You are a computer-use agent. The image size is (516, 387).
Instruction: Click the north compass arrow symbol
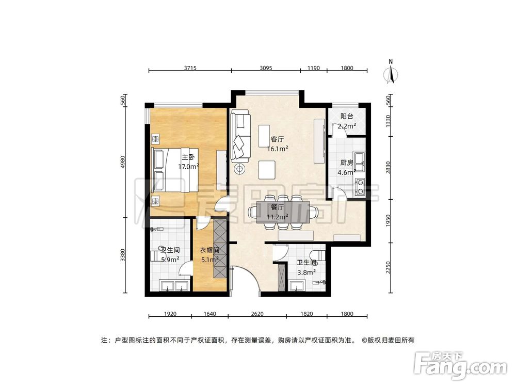(x=391, y=74)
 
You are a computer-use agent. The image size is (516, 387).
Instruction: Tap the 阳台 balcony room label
(x=347, y=117)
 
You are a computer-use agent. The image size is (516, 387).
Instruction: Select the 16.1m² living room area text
(x=278, y=148)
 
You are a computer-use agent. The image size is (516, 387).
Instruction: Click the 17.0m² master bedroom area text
(x=188, y=166)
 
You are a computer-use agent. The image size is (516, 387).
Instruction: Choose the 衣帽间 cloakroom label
(x=210, y=250)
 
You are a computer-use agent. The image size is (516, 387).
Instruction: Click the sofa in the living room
(x=240, y=135)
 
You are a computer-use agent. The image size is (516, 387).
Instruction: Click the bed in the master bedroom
(x=173, y=170)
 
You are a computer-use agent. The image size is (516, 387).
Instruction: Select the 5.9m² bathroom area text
(x=169, y=260)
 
